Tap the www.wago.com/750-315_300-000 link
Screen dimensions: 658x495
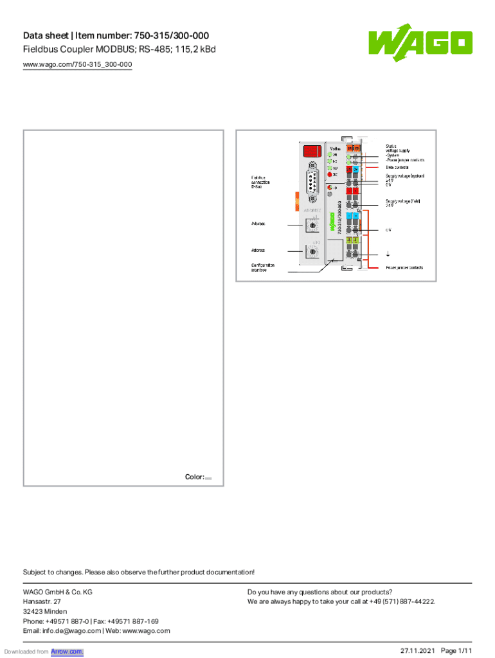coord(77,65)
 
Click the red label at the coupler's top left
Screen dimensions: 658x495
coord(312,151)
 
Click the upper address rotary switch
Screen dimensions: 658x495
coord(312,226)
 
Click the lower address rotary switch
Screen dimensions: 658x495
coord(312,252)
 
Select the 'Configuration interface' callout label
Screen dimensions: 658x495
coord(263,267)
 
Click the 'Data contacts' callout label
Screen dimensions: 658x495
coord(397,167)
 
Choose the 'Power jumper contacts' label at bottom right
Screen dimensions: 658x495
coord(404,267)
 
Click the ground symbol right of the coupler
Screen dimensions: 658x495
coord(388,253)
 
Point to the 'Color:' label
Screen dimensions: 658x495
coord(194,477)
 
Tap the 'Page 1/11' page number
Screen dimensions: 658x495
coord(456,651)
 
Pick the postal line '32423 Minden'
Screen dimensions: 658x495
coord(45,612)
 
